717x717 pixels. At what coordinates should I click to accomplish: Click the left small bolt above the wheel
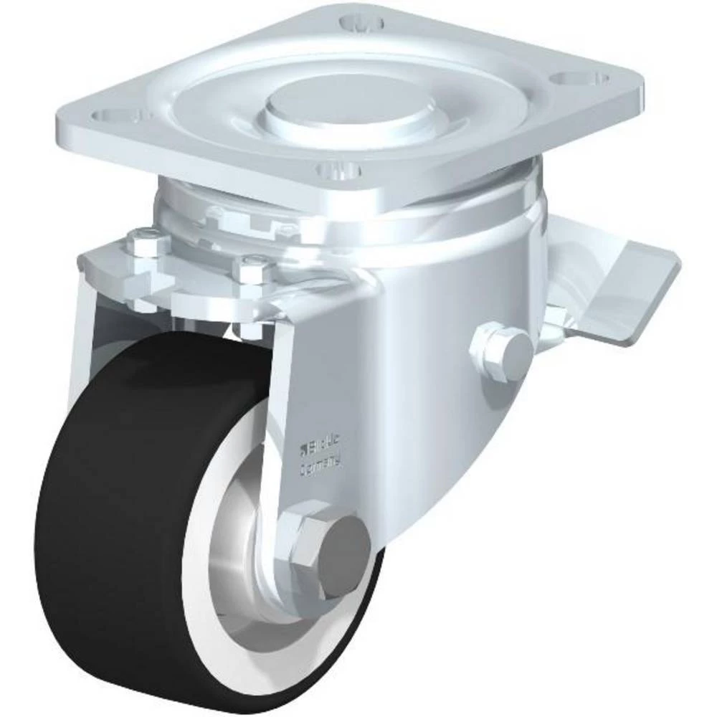141,244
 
